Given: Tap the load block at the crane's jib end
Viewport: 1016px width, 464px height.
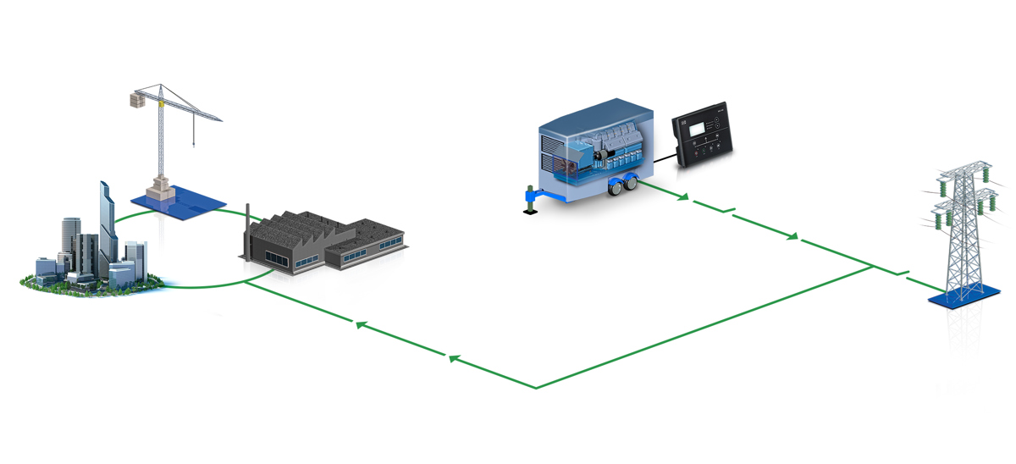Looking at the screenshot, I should pyautogui.click(x=133, y=100).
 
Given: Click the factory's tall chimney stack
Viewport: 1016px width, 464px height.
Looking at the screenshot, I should pyautogui.click(x=247, y=229).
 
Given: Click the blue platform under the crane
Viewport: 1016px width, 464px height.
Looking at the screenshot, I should pyautogui.click(x=179, y=203).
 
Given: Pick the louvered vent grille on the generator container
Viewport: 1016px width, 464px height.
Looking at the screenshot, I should pyautogui.click(x=555, y=157).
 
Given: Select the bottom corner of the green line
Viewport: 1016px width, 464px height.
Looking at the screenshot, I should pyautogui.click(x=536, y=388).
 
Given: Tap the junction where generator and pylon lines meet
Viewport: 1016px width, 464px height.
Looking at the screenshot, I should pyautogui.click(x=872, y=267).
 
